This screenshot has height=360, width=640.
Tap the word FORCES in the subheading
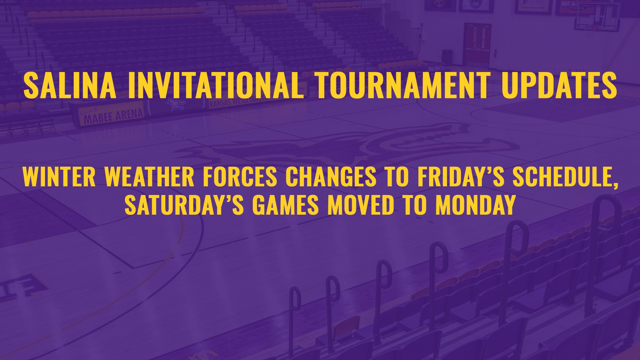(x=240, y=177)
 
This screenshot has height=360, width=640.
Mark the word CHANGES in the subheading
(x=331, y=177)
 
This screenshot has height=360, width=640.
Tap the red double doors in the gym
(x=477, y=45)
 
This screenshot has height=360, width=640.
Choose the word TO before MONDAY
(x=415, y=205)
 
